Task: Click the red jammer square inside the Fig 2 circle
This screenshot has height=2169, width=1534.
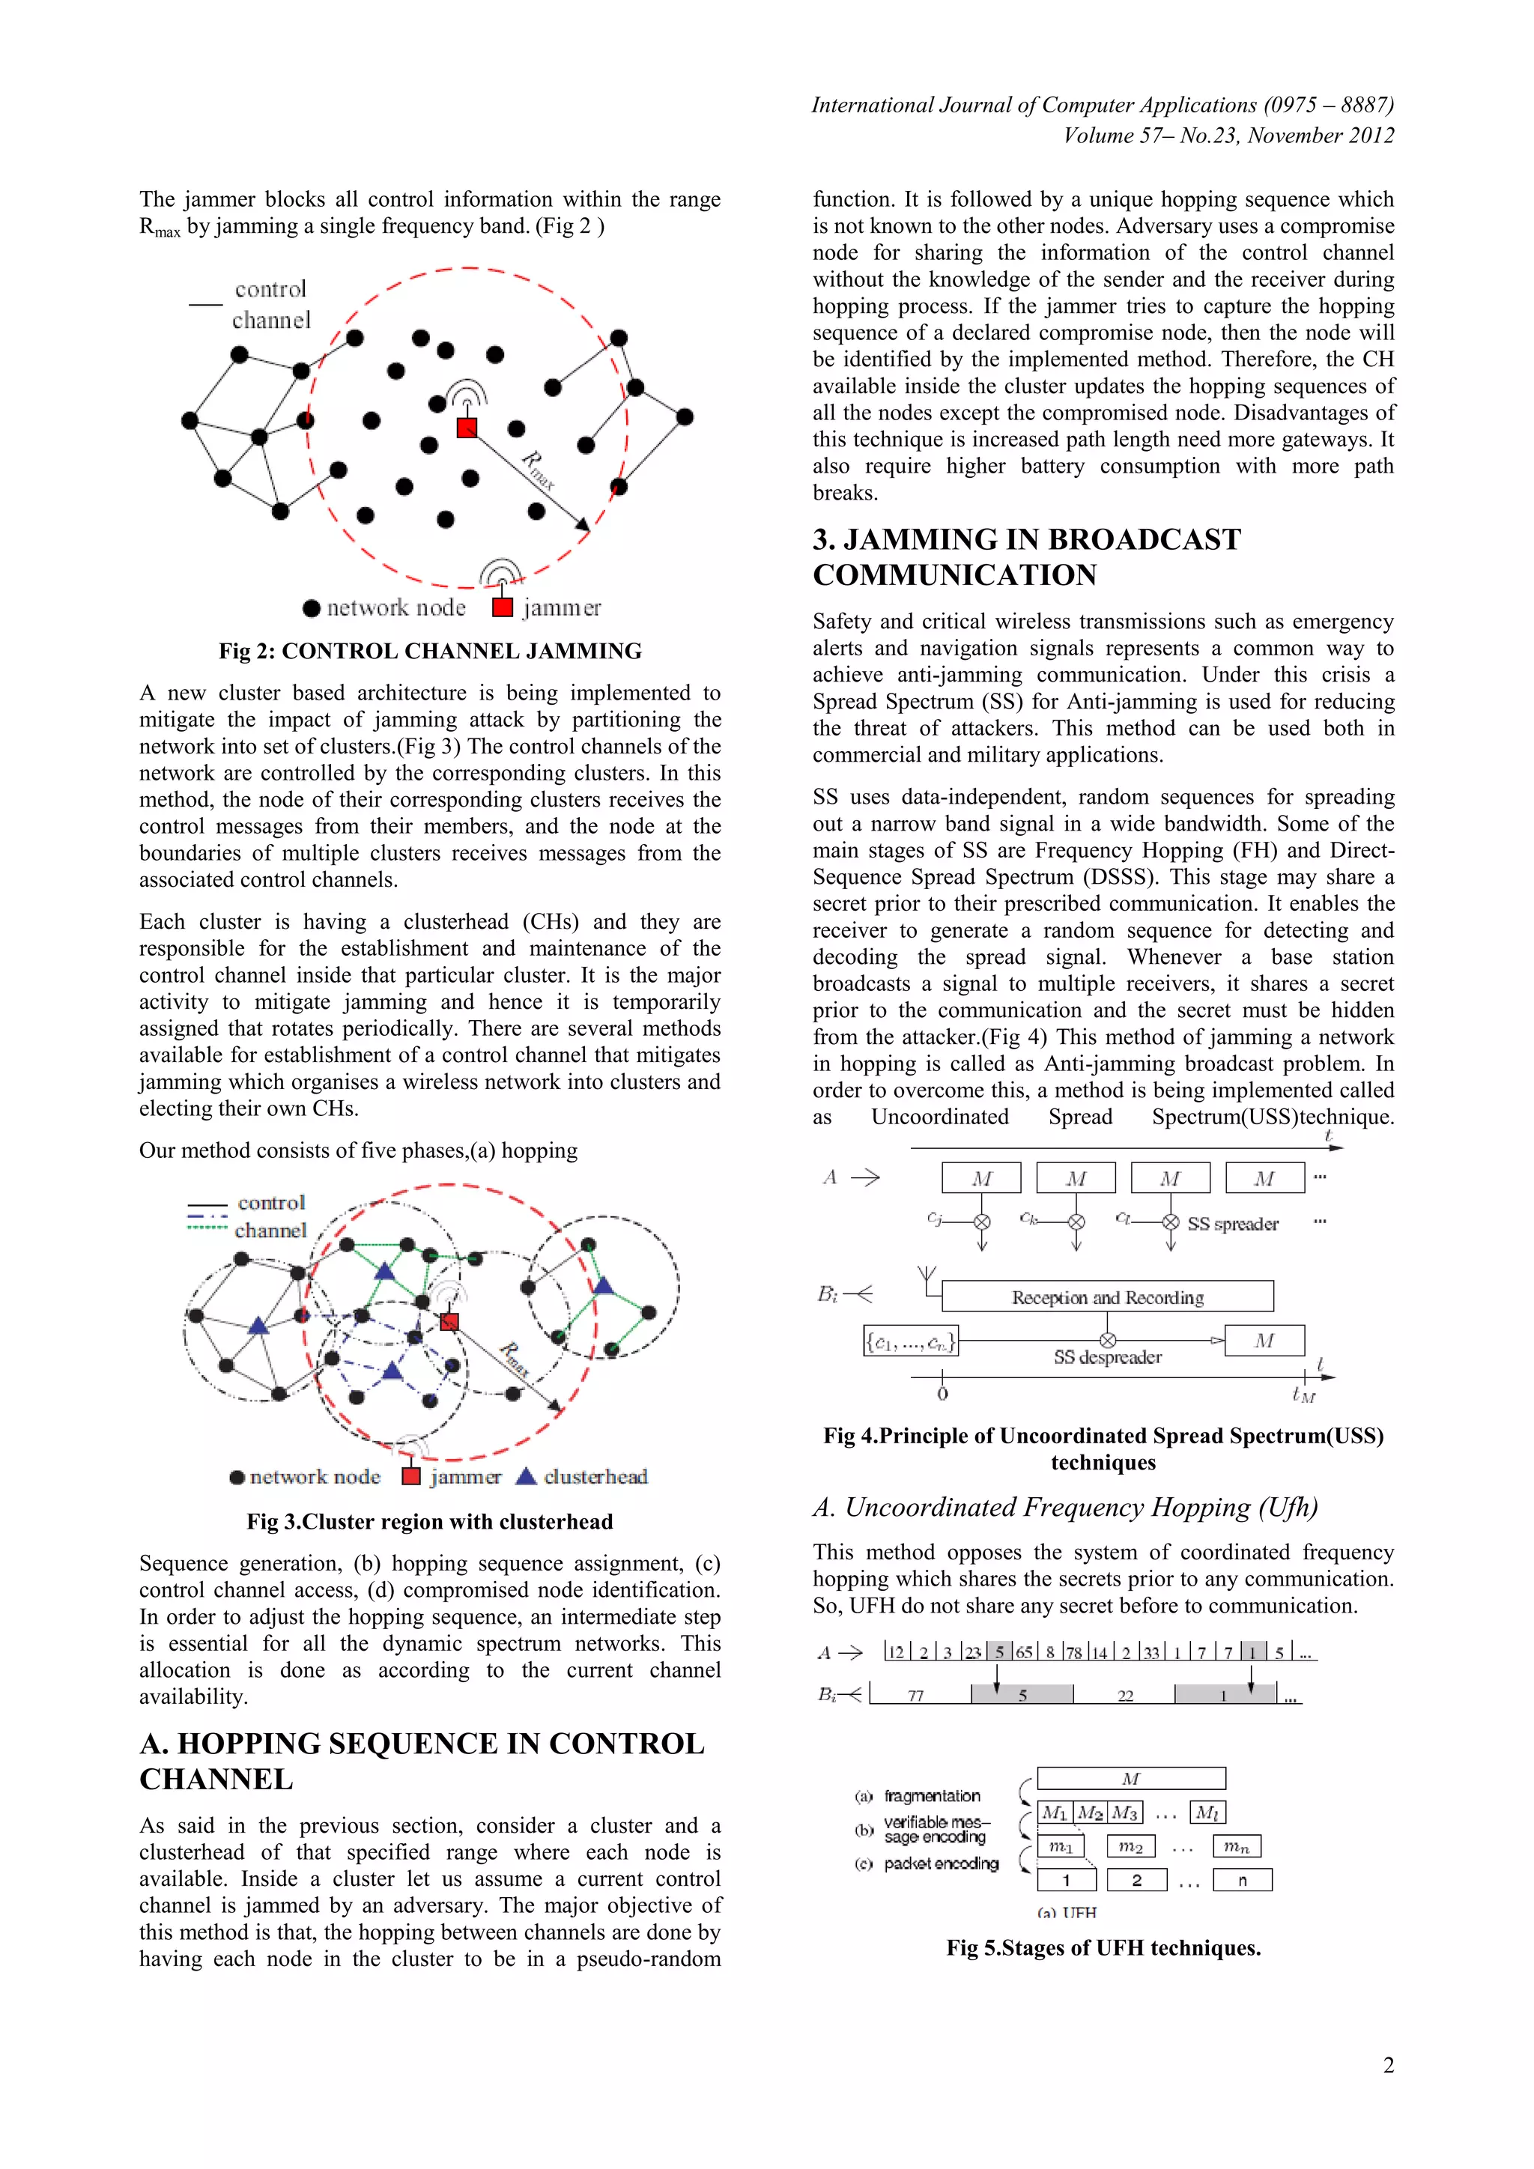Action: pyautogui.click(x=467, y=428)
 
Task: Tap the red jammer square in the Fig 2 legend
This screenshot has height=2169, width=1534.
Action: pyautogui.click(x=503, y=607)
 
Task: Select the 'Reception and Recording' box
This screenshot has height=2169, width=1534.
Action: pyautogui.click(x=1107, y=1297)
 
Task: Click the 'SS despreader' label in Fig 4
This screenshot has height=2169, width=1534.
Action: pyautogui.click(x=1107, y=1358)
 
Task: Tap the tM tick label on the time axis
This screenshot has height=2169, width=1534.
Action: pyautogui.click(x=1303, y=1395)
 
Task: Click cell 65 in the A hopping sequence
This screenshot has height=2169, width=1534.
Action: pyautogui.click(x=1024, y=1652)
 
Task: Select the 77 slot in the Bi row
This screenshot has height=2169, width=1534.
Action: pyautogui.click(x=915, y=1696)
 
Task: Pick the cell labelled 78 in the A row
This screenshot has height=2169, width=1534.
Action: pyautogui.click(x=1074, y=1652)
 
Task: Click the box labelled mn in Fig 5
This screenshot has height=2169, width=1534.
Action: pyautogui.click(x=1237, y=1846)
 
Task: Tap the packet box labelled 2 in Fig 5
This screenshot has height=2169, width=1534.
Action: pyautogui.click(x=1136, y=1880)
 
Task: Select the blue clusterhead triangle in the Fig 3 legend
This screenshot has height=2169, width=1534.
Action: pyautogui.click(x=526, y=1475)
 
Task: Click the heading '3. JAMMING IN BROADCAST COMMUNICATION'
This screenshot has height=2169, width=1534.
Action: pyautogui.click(x=1026, y=556)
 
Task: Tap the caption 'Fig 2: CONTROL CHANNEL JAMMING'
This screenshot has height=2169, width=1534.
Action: pyautogui.click(x=430, y=651)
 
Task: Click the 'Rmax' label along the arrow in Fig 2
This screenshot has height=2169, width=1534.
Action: pyautogui.click(x=539, y=470)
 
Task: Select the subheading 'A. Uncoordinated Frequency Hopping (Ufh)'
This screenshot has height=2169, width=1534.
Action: pyautogui.click(x=1064, y=1508)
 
